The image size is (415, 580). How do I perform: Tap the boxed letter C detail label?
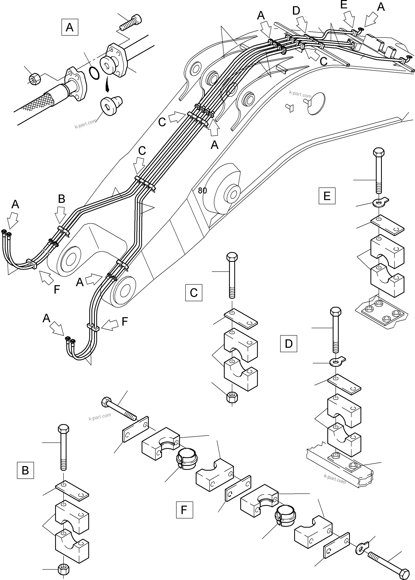(x=194, y=293)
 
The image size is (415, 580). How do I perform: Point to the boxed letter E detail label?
(x=327, y=196)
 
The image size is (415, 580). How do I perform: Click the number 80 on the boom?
(x=202, y=190)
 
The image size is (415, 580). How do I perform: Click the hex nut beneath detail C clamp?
(x=232, y=396)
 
